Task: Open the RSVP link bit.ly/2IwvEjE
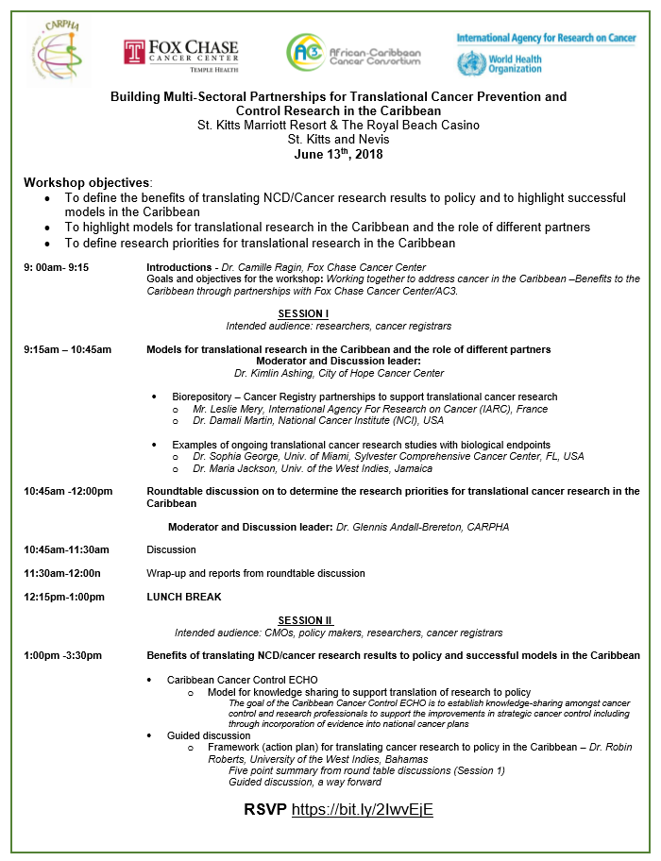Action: coord(363,810)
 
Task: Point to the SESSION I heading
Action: coord(303,312)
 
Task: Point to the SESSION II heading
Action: coord(305,620)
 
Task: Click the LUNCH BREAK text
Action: coord(184,597)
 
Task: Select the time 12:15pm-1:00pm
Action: coord(64,597)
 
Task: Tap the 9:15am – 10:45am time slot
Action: coord(68,349)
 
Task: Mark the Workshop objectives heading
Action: coord(87,181)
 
